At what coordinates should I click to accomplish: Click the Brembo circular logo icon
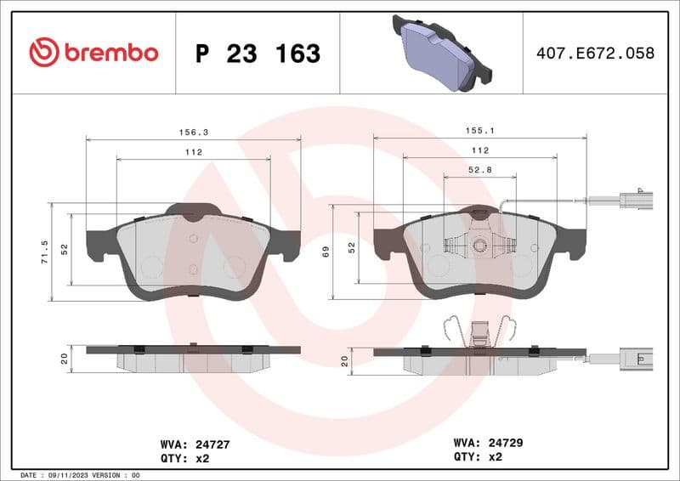(x=44, y=53)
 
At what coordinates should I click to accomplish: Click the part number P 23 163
(x=258, y=54)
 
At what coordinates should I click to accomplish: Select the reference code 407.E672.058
(x=595, y=54)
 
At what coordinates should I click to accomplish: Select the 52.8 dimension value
(x=480, y=170)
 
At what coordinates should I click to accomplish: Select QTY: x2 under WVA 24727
(x=184, y=458)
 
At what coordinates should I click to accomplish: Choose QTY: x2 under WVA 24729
(x=479, y=458)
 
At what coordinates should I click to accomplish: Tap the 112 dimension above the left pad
(x=193, y=152)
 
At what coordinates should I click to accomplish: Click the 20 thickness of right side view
(x=344, y=361)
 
